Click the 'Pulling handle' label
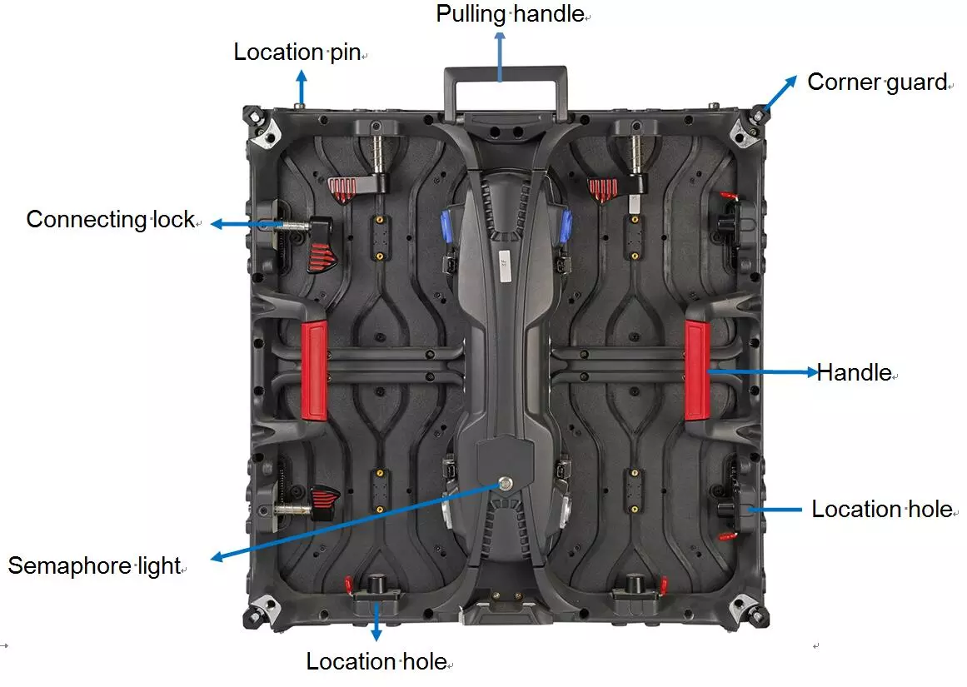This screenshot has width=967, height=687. (x=510, y=14)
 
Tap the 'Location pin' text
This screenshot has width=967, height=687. (x=297, y=52)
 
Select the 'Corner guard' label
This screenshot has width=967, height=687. (x=877, y=82)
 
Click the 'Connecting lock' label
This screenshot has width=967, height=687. (x=110, y=220)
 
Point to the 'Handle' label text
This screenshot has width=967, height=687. (x=854, y=372)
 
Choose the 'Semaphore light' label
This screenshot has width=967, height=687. (x=94, y=566)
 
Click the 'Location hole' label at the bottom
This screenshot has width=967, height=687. (x=376, y=662)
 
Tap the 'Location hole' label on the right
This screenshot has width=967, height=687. (x=882, y=510)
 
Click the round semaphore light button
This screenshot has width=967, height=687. (x=504, y=482)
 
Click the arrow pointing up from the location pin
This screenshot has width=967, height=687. (x=302, y=87)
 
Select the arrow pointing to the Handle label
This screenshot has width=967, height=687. (x=762, y=373)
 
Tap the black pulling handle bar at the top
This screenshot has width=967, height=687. (x=506, y=75)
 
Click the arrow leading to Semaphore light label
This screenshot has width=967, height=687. (x=350, y=522)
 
